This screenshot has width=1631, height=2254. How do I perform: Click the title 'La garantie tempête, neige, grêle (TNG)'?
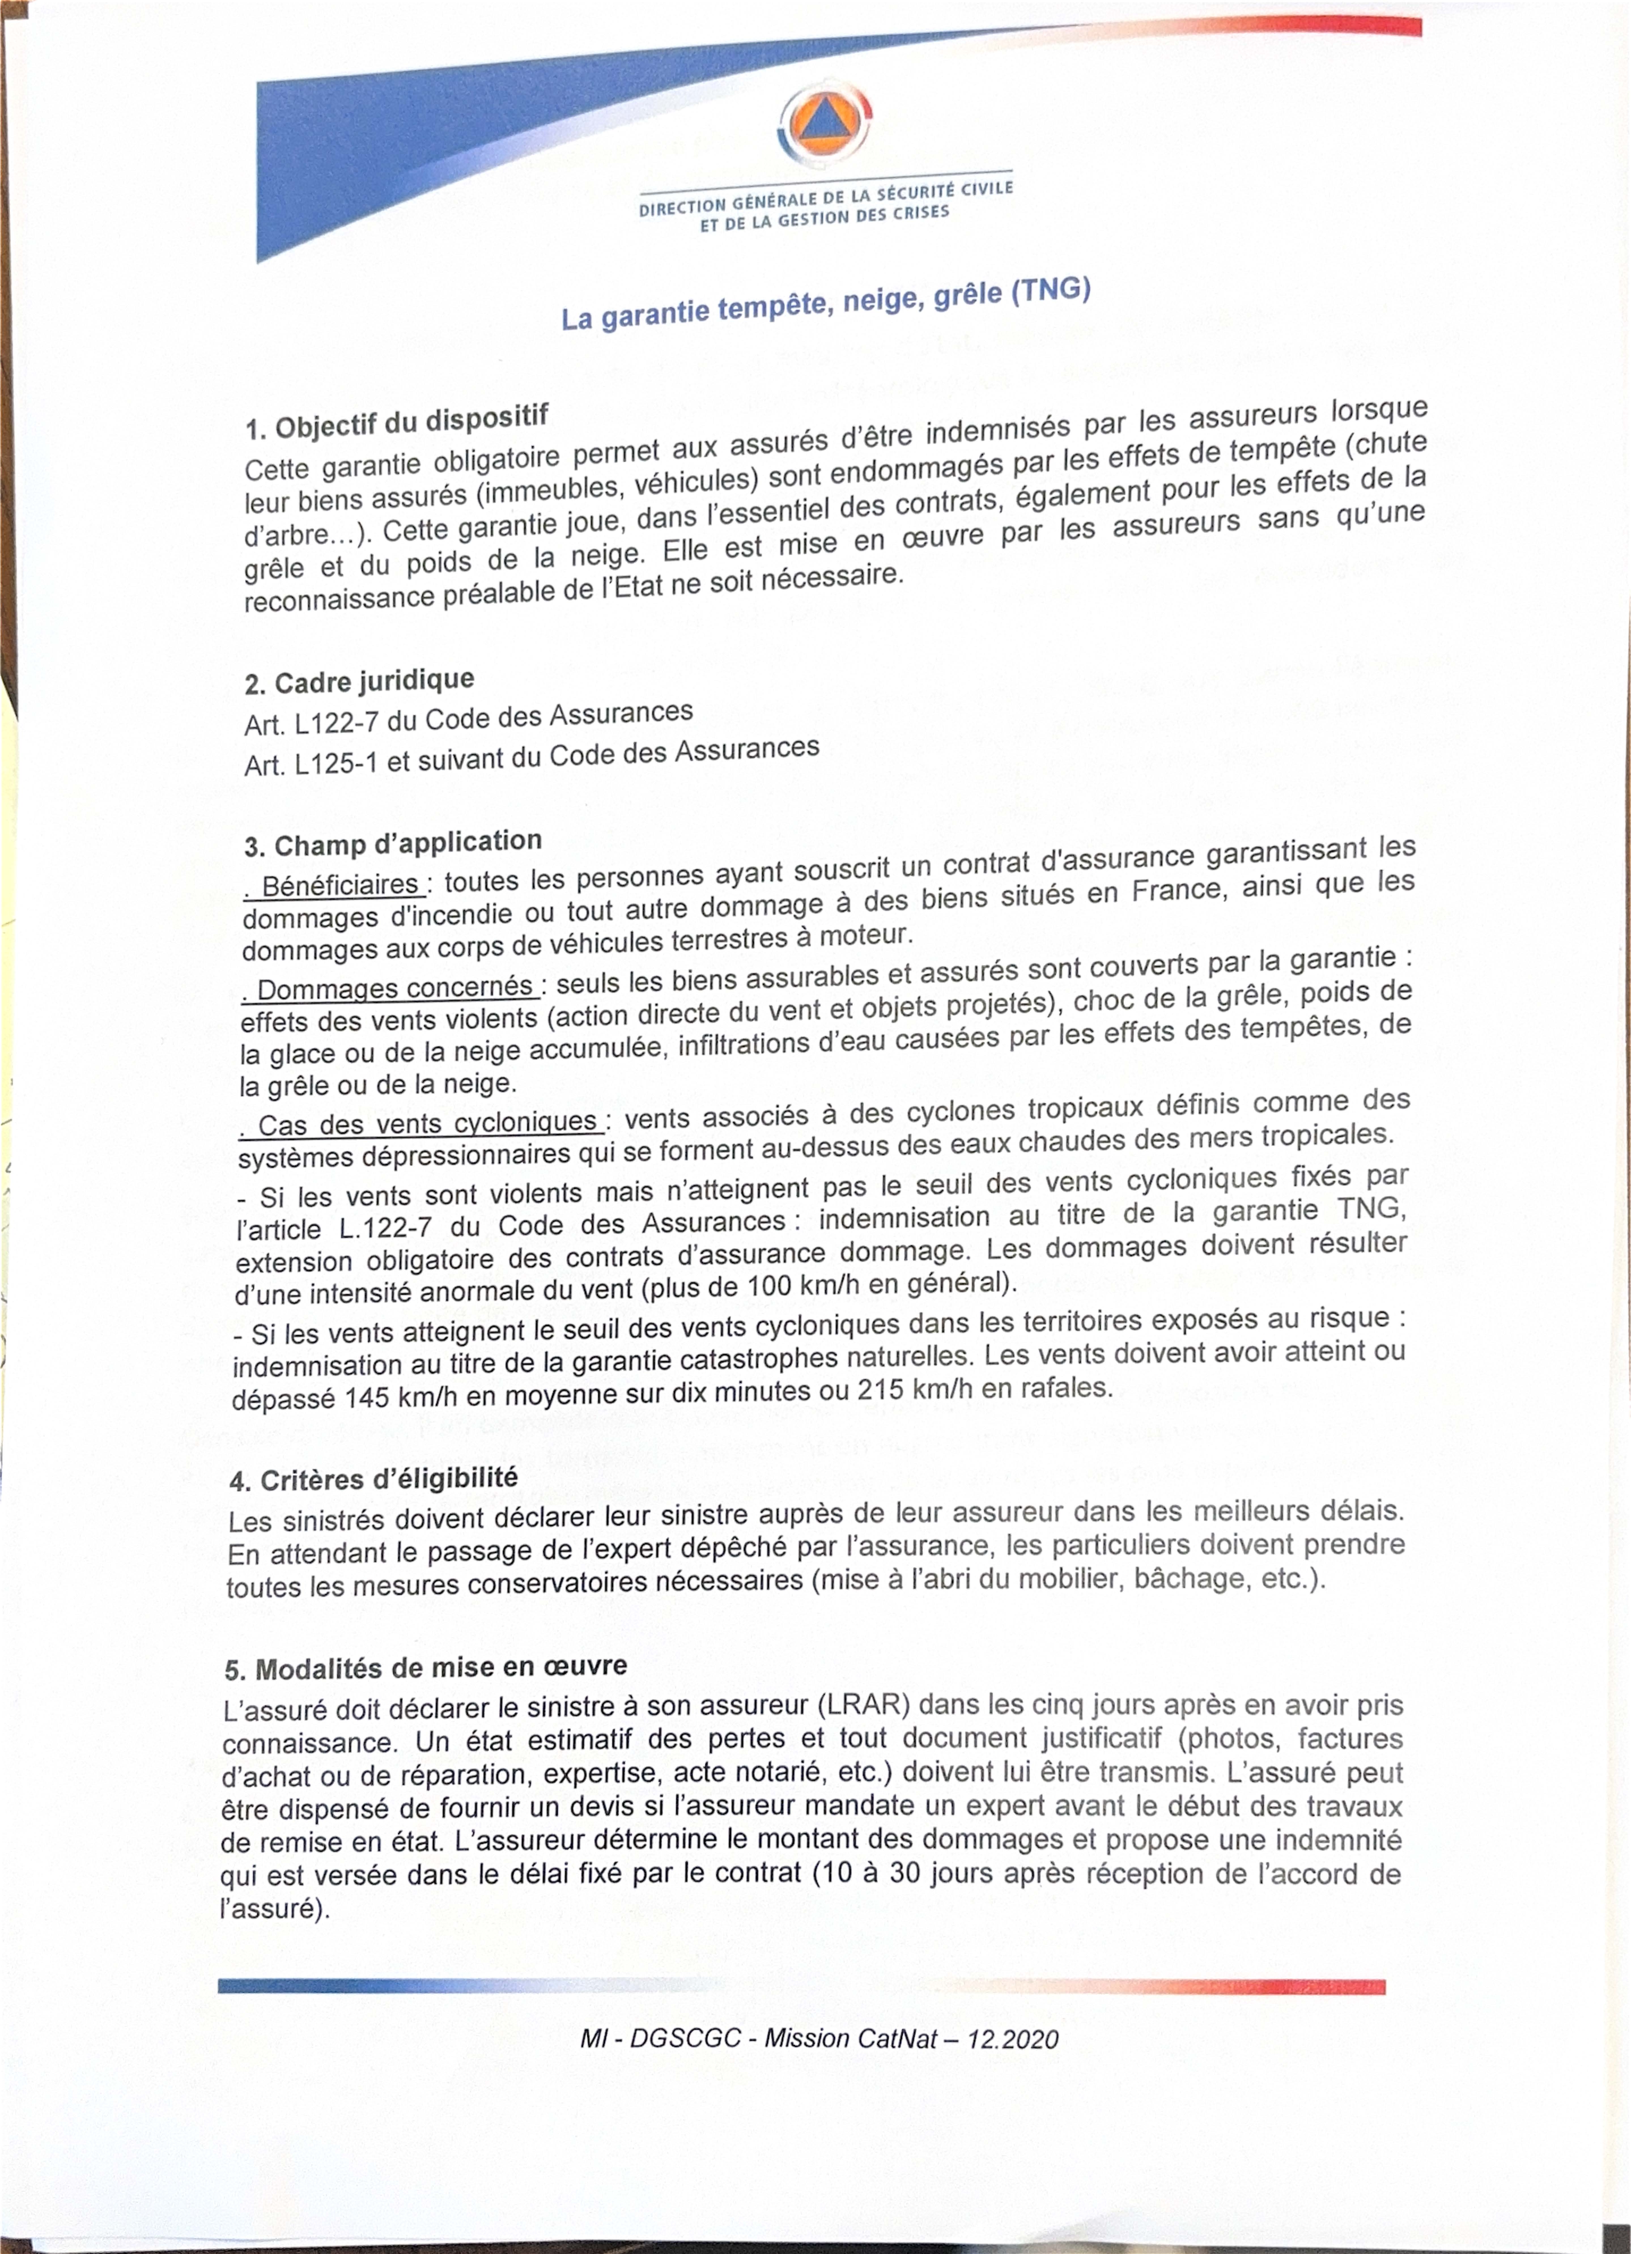pos(826,303)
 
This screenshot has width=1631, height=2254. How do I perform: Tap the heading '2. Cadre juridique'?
pos(359,682)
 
